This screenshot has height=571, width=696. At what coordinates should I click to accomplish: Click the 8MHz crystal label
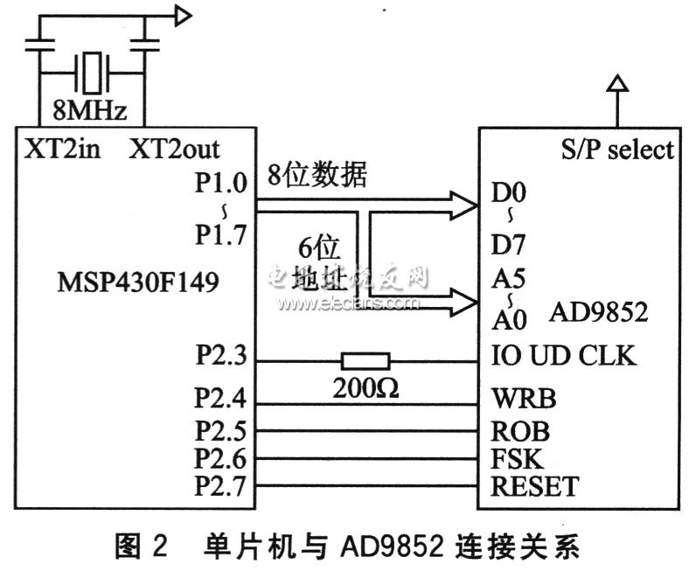[90, 111]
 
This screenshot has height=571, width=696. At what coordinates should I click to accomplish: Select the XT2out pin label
[175, 147]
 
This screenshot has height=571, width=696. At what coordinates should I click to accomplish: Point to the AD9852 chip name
[599, 312]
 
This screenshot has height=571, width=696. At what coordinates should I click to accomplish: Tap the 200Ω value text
[365, 388]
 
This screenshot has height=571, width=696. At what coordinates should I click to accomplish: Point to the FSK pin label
[518, 458]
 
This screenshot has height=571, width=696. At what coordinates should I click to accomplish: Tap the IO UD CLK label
[565, 358]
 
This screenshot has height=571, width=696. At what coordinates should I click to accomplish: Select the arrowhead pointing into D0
[463, 204]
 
